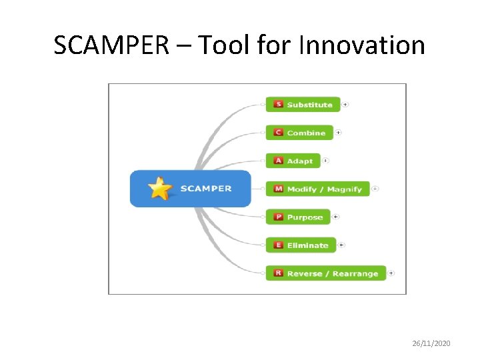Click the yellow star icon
coord(160,189)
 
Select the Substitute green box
coord(303,105)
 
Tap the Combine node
coord(299,133)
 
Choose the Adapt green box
coord(293,161)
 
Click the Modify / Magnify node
coord(317,189)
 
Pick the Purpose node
coord(298,217)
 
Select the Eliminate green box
coord(301,245)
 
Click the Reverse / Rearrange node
coord(325,273)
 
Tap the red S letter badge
coord(279,105)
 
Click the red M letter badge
coord(279,189)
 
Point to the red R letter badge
coord(279,273)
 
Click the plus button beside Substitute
coord(345,105)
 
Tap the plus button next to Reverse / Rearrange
coord(391,273)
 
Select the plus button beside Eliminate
coord(341,245)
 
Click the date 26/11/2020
coord(431,343)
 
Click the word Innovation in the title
coord(362,45)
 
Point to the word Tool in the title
coord(223,45)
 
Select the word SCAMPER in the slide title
coord(111,45)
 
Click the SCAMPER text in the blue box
coord(206,189)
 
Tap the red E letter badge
coord(279,245)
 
